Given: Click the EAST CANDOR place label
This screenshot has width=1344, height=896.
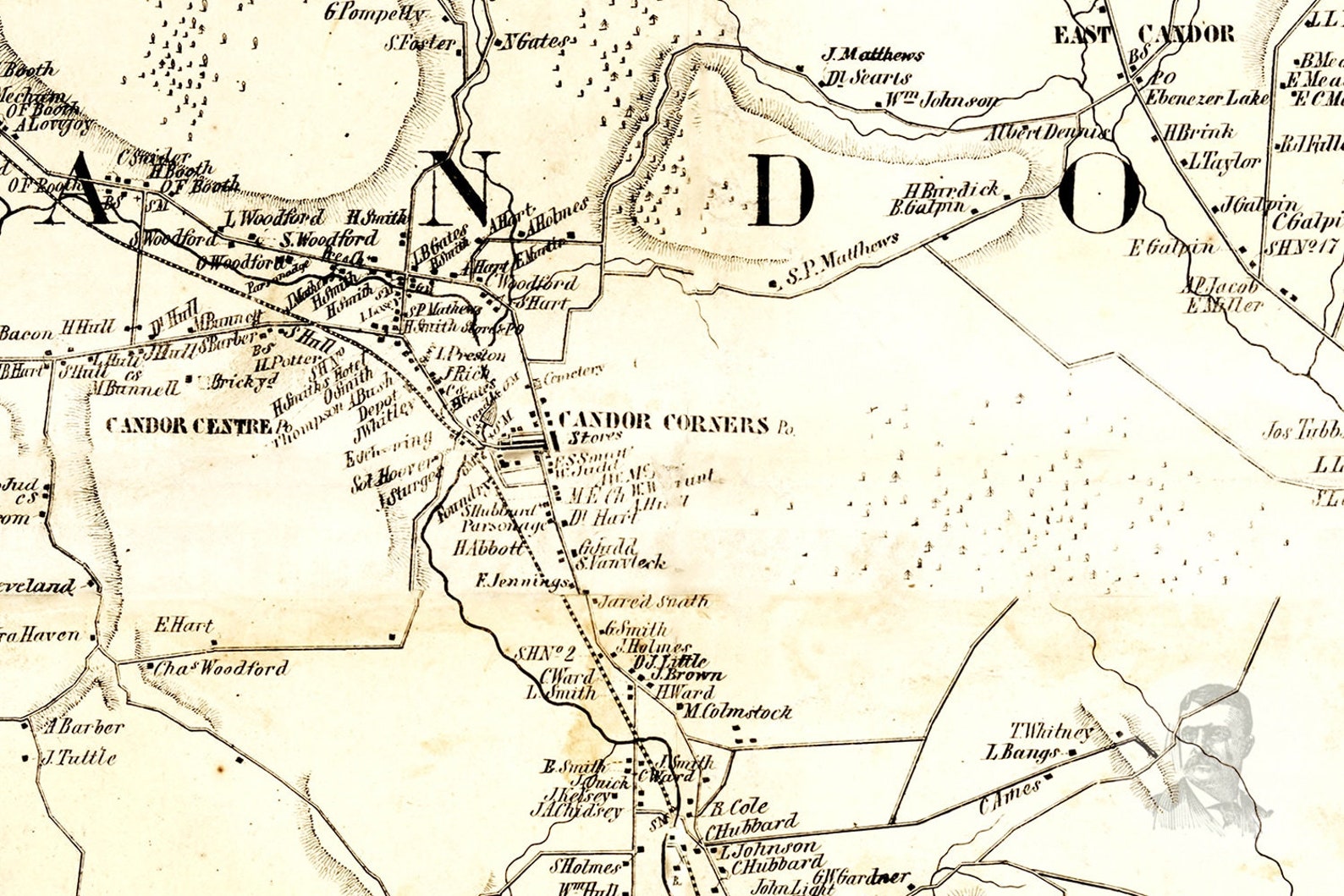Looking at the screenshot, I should [1143, 35].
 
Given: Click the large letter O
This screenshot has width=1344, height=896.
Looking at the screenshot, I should [1098, 194].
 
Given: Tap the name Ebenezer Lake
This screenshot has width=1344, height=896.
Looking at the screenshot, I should [1207, 98].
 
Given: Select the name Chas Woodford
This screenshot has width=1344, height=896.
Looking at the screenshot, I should [220, 668].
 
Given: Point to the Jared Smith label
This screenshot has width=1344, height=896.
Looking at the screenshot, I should [652, 602].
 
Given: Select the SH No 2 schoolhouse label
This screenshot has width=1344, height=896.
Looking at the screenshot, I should [545, 653].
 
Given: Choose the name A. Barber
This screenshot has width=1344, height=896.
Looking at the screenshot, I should [85, 726].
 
